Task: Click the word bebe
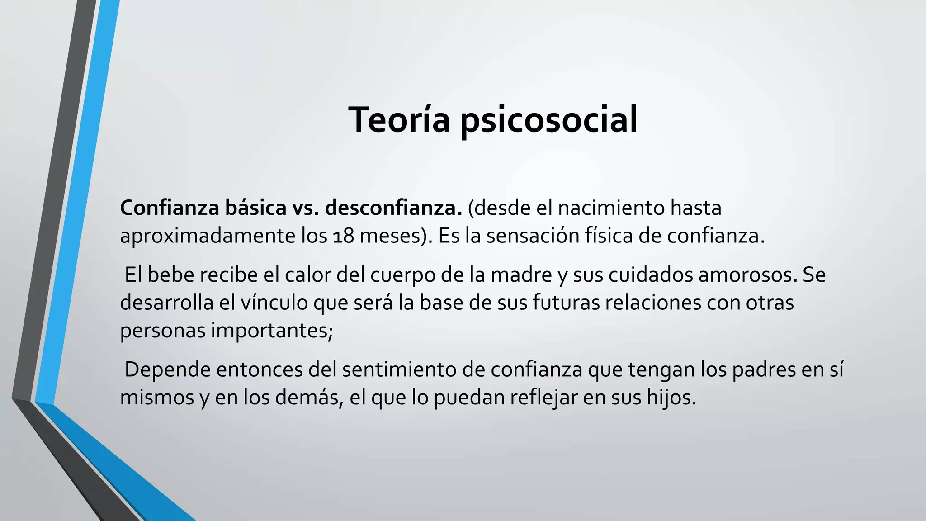pyautogui.click(x=169, y=275)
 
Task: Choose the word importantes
pyautogui.click(x=272, y=331)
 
